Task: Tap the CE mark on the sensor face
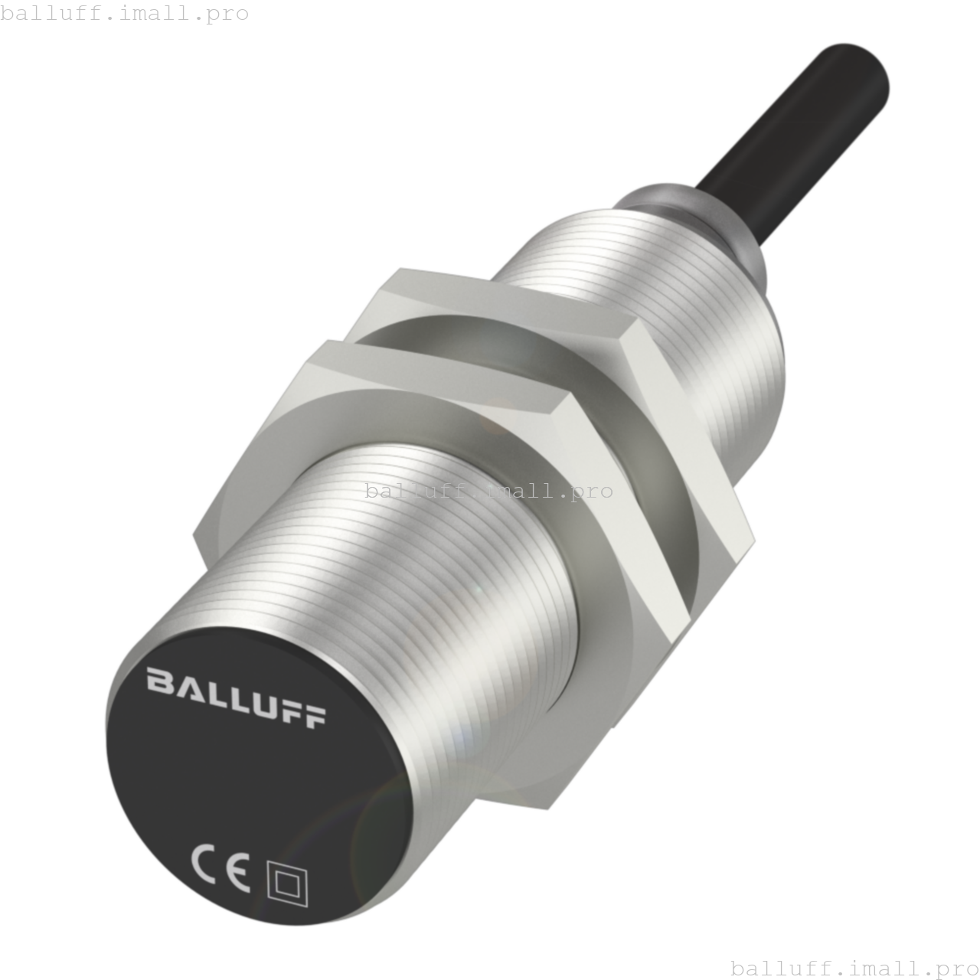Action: point(220,869)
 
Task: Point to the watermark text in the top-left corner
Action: point(125,14)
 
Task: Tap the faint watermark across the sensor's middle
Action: point(488,491)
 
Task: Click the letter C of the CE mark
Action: point(204,864)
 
